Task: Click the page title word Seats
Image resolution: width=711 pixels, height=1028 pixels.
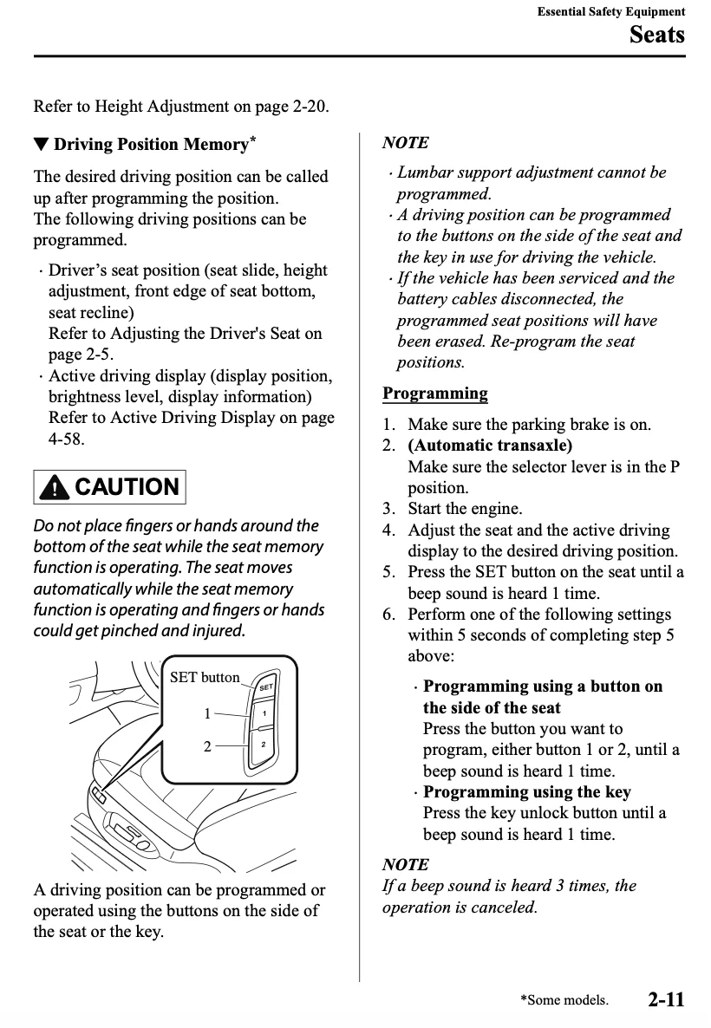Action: click(656, 35)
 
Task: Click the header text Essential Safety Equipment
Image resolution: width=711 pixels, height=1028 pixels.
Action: click(610, 11)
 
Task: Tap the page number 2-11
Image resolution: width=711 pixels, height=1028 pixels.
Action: click(665, 999)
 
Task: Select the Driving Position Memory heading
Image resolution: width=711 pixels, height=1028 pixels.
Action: click(152, 144)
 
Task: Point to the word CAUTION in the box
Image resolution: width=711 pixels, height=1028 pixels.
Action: click(127, 487)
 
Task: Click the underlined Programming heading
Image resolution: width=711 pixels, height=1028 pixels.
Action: click(435, 394)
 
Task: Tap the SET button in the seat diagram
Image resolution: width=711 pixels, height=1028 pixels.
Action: click(265, 686)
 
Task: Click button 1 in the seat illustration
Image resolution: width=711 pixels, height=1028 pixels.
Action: click(263, 714)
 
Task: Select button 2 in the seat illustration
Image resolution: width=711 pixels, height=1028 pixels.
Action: click(262, 745)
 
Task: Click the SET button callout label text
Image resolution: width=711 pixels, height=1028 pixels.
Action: click(205, 677)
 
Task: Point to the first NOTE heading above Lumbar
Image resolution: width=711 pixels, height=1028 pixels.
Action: click(405, 143)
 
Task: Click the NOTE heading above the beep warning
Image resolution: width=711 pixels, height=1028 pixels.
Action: click(405, 864)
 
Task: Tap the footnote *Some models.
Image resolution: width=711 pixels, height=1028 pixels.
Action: click(564, 1000)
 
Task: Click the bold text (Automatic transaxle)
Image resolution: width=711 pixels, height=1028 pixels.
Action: click(490, 446)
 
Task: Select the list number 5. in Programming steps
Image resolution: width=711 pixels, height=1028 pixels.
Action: click(389, 572)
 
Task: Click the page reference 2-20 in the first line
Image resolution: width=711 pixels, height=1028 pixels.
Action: click(310, 107)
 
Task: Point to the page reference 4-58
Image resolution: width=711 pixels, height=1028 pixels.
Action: click(66, 439)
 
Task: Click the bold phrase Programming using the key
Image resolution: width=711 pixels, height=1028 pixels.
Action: click(527, 791)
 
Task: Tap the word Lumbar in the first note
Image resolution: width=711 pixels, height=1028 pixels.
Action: click(426, 172)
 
